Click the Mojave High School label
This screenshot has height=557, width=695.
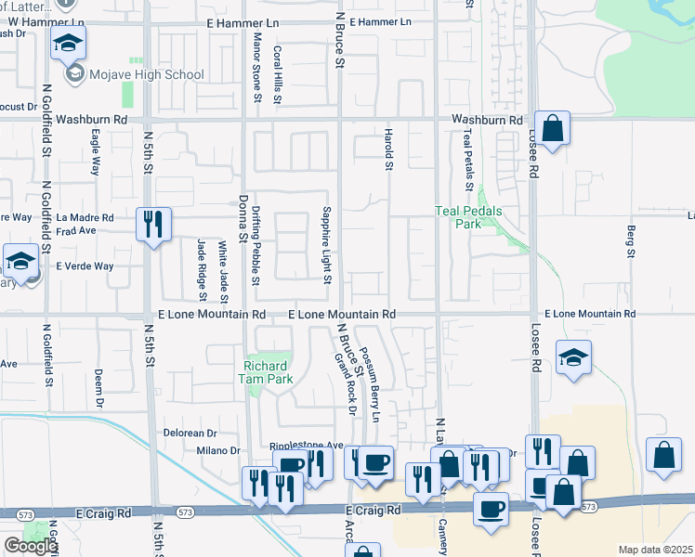point(146,74)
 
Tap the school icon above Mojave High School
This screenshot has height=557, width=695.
point(68,43)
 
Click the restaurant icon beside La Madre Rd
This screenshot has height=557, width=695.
point(153,224)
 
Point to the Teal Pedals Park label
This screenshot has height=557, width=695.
point(468,217)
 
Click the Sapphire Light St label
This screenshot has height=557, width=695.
point(326,246)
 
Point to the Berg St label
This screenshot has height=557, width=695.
point(631,240)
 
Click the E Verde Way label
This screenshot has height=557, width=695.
point(85,266)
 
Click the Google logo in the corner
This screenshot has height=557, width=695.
point(30,546)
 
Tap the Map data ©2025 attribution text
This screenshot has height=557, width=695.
point(655,550)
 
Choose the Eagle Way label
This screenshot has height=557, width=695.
point(96,152)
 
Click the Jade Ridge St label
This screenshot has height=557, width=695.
point(202,269)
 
